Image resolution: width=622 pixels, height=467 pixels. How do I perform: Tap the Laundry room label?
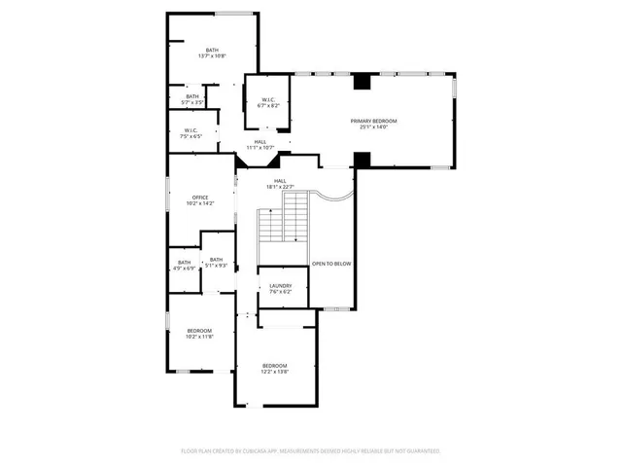(x=281, y=285)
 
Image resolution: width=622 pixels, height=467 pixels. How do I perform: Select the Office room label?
(x=199, y=198)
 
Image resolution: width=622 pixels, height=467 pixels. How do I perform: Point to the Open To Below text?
(x=331, y=264)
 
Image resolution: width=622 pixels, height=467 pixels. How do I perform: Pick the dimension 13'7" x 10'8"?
(x=212, y=56)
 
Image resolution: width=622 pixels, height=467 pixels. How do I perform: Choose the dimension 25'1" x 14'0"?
(x=374, y=126)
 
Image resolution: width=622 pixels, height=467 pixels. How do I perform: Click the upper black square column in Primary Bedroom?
(x=363, y=83)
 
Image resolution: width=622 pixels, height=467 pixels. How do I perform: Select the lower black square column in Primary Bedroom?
(x=363, y=159)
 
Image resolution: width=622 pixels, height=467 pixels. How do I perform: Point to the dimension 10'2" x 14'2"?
(x=199, y=203)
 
